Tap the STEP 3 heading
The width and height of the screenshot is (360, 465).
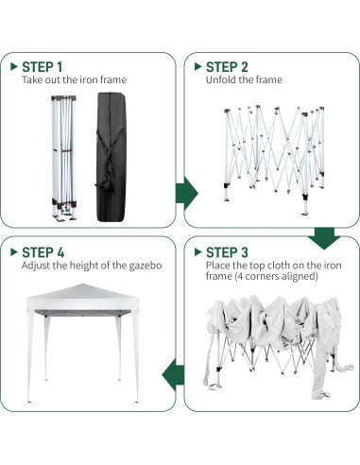click(227, 252)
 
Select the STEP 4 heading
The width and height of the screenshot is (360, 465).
click(43, 252)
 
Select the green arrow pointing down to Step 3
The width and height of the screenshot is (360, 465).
click(325, 238)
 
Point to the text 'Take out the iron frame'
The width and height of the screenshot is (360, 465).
click(74, 80)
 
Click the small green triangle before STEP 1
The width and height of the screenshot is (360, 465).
click(12, 66)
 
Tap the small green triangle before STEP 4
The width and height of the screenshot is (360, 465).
click(12, 252)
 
